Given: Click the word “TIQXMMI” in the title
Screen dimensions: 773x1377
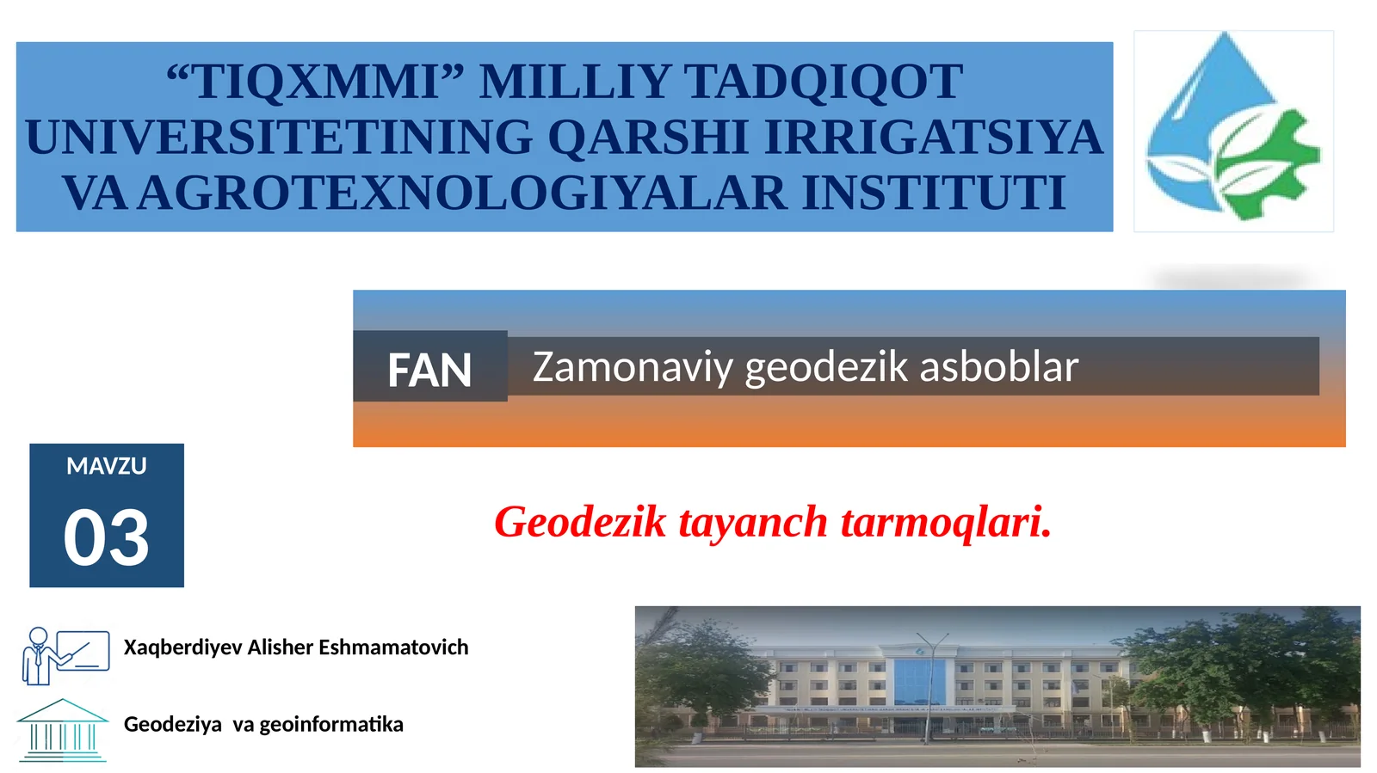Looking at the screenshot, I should [315, 83].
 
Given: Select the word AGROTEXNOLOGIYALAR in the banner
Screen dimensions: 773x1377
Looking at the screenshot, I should [462, 193].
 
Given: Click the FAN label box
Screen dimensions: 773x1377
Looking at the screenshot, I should [429, 370].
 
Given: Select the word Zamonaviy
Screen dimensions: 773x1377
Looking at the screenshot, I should [633, 367].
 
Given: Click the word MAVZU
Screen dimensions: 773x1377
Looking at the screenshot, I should [107, 466].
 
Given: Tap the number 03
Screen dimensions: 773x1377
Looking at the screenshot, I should [107, 538].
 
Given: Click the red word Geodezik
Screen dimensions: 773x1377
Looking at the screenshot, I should [580, 522].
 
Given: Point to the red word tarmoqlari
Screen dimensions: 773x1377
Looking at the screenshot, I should [946, 522].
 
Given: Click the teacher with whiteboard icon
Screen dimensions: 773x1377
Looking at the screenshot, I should [65, 655].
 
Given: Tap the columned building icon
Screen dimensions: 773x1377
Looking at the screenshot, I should [63, 730].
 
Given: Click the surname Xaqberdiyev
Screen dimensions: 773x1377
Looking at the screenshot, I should [182, 647].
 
